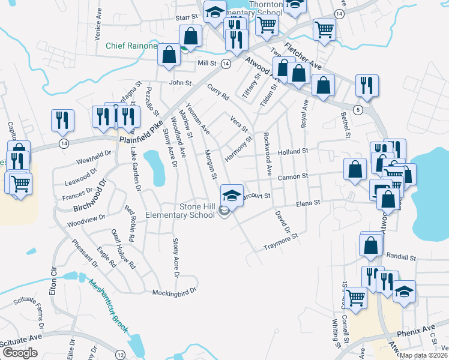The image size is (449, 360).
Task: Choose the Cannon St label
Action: point(292,176)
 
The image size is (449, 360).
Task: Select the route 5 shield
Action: point(358,109)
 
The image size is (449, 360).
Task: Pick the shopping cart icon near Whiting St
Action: point(356,297)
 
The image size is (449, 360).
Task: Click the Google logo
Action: point(20,353)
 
